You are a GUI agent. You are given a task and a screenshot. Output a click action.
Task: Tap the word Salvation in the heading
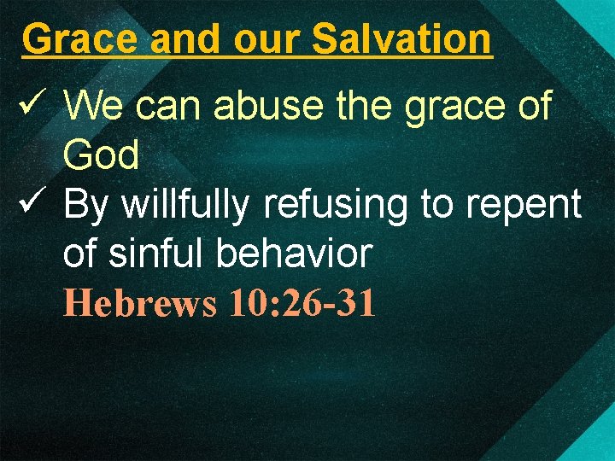click(402, 39)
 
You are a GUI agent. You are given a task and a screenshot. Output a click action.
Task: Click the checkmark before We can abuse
click(32, 107)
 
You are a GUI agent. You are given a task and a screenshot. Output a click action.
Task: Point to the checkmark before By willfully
click(32, 204)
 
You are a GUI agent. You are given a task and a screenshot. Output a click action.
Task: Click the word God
click(102, 155)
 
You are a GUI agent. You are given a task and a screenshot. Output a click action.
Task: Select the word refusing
click(336, 205)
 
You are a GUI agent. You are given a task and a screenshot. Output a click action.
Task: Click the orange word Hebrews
click(140, 303)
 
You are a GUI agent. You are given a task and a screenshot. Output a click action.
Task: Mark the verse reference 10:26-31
click(302, 303)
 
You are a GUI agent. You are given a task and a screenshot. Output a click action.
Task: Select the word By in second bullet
click(87, 205)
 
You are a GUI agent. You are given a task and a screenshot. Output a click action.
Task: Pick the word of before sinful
click(81, 254)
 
